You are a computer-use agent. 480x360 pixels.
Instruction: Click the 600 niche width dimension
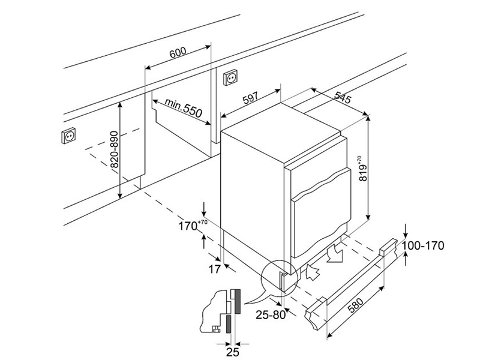[x=178, y=52]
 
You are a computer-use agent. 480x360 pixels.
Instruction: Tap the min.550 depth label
[x=184, y=108]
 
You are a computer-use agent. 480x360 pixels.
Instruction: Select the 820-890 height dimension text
[x=114, y=149]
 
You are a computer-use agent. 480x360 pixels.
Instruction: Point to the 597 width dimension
[x=251, y=98]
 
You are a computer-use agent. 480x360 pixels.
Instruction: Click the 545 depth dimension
[x=343, y=97]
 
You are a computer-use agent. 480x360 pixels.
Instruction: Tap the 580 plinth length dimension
[x=355, y=305]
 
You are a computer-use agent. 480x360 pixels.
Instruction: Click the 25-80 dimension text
[x=271, y=314]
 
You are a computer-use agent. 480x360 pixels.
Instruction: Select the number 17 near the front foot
[x=214, y=269]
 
